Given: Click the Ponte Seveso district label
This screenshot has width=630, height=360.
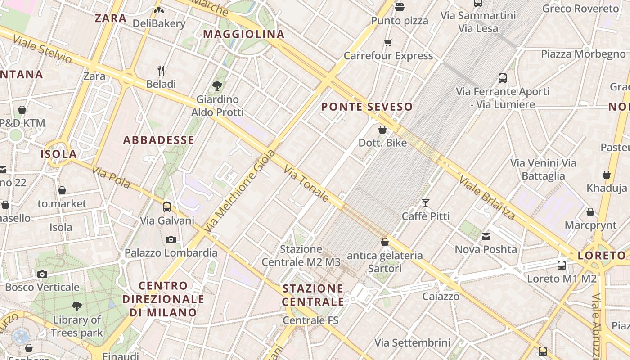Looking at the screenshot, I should click(x=367, y=107).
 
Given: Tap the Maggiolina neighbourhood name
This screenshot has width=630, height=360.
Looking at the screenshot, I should click(x=244, y=34).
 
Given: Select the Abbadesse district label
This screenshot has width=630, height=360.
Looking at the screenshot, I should click(x=158, y=140).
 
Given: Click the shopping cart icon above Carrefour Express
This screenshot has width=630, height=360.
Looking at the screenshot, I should click(x=388, y=43).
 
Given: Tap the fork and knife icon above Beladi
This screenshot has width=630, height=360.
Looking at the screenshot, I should click(x=161, y=71).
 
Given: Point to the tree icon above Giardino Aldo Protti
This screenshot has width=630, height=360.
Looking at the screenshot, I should click(x=217, y=85).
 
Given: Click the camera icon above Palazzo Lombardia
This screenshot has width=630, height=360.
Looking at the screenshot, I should click(x=171, y=239).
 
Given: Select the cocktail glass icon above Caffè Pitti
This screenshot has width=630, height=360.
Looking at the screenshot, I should click(x=426, y=203).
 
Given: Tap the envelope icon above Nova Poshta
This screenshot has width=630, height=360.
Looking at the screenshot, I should click(x=486, y=236).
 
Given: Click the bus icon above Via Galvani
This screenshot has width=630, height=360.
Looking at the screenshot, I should click(x=167, y=207).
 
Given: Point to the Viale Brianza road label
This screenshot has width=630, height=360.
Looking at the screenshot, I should click(x=487, y=198).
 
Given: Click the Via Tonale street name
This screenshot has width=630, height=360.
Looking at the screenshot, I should click(x=307, y=183).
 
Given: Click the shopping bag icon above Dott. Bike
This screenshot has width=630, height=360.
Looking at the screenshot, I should click(x=382, y=130).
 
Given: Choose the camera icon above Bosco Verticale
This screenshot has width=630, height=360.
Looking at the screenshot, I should click(x=42, y=274).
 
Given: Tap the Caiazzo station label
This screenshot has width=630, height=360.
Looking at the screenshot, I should click(x=441, y=296).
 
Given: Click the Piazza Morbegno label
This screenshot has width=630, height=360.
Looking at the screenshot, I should click(x=583, y=54).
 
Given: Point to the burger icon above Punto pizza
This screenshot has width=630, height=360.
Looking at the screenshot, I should click(x=400, y=7).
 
